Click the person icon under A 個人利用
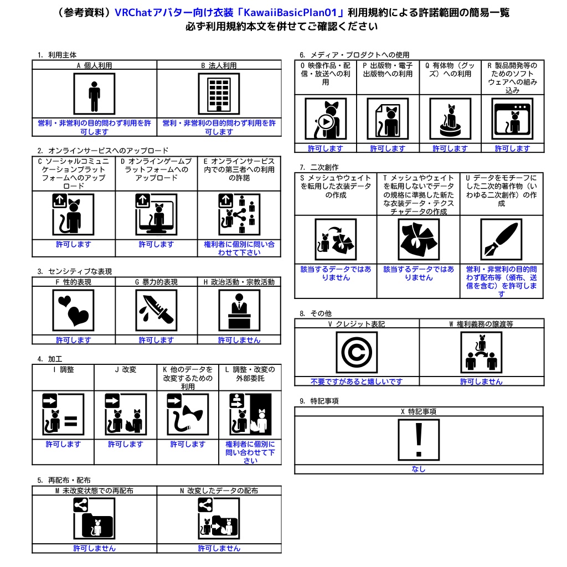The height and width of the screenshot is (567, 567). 94,94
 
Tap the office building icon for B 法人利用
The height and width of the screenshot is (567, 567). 219,94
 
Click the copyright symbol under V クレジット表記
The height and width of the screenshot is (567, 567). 357,352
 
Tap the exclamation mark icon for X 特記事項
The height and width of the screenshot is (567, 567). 419,440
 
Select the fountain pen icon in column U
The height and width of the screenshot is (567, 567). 501,239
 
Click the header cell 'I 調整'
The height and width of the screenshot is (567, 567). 63,369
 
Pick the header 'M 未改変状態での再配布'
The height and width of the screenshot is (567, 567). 94,491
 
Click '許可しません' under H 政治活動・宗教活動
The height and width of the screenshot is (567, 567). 239,340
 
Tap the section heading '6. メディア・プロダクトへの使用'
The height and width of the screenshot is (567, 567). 354,55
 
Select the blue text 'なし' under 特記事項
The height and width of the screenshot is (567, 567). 419,469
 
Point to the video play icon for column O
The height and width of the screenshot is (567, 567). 326,118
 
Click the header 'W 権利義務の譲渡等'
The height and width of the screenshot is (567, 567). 481,324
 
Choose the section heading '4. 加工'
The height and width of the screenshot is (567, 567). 50,359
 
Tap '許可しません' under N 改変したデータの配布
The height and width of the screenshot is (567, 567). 219,548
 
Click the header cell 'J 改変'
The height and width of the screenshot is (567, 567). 125,369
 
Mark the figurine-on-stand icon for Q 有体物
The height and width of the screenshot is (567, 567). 450,118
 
